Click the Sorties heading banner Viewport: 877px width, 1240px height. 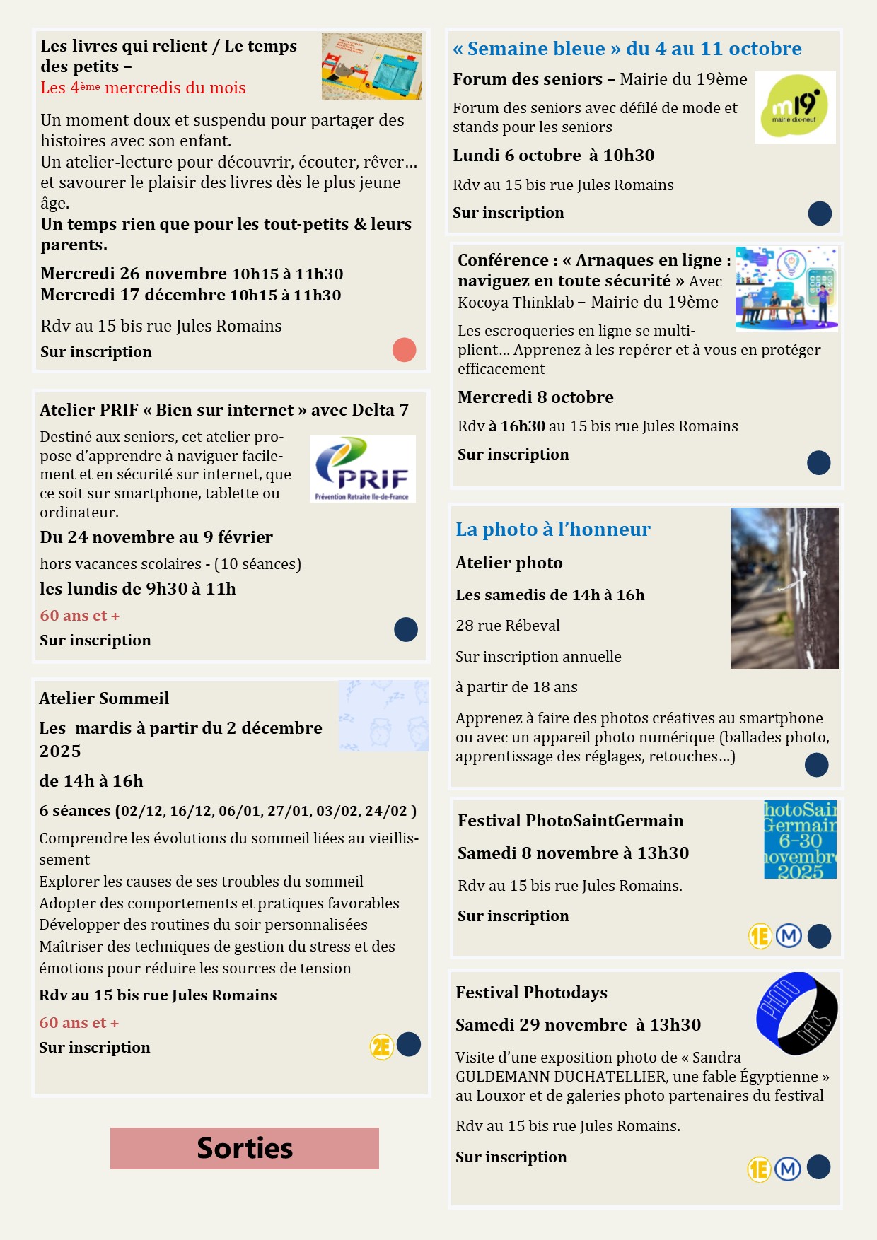point(244,1148)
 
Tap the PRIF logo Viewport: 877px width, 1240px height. point(362,469)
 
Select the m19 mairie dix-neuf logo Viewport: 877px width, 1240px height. point(795,107)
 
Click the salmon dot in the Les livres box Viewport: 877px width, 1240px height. point(404,350)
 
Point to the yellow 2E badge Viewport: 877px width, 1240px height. point(381,1046)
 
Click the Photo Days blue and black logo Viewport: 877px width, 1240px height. point(796,1012)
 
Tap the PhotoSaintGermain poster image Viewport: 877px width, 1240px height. point(800,840)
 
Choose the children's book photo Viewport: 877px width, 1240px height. point(371,66)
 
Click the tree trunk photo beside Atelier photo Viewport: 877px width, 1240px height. point(784,588)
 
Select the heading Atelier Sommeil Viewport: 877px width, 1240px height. point(104,698)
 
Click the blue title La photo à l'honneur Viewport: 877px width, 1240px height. point(552,530)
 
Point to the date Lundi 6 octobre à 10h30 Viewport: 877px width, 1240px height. point(553,156)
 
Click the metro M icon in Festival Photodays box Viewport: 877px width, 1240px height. point(788,1169)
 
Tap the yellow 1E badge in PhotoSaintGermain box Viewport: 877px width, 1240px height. point(760,937)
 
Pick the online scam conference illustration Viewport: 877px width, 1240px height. point(786,288)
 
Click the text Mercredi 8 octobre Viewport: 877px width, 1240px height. point(535,397)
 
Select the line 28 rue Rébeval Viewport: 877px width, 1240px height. point(507,626)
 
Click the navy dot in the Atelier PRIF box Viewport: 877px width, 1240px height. point(405,629)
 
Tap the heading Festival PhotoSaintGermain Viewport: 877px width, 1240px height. point(570,821)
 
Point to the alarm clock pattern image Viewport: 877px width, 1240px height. point(383,716)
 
